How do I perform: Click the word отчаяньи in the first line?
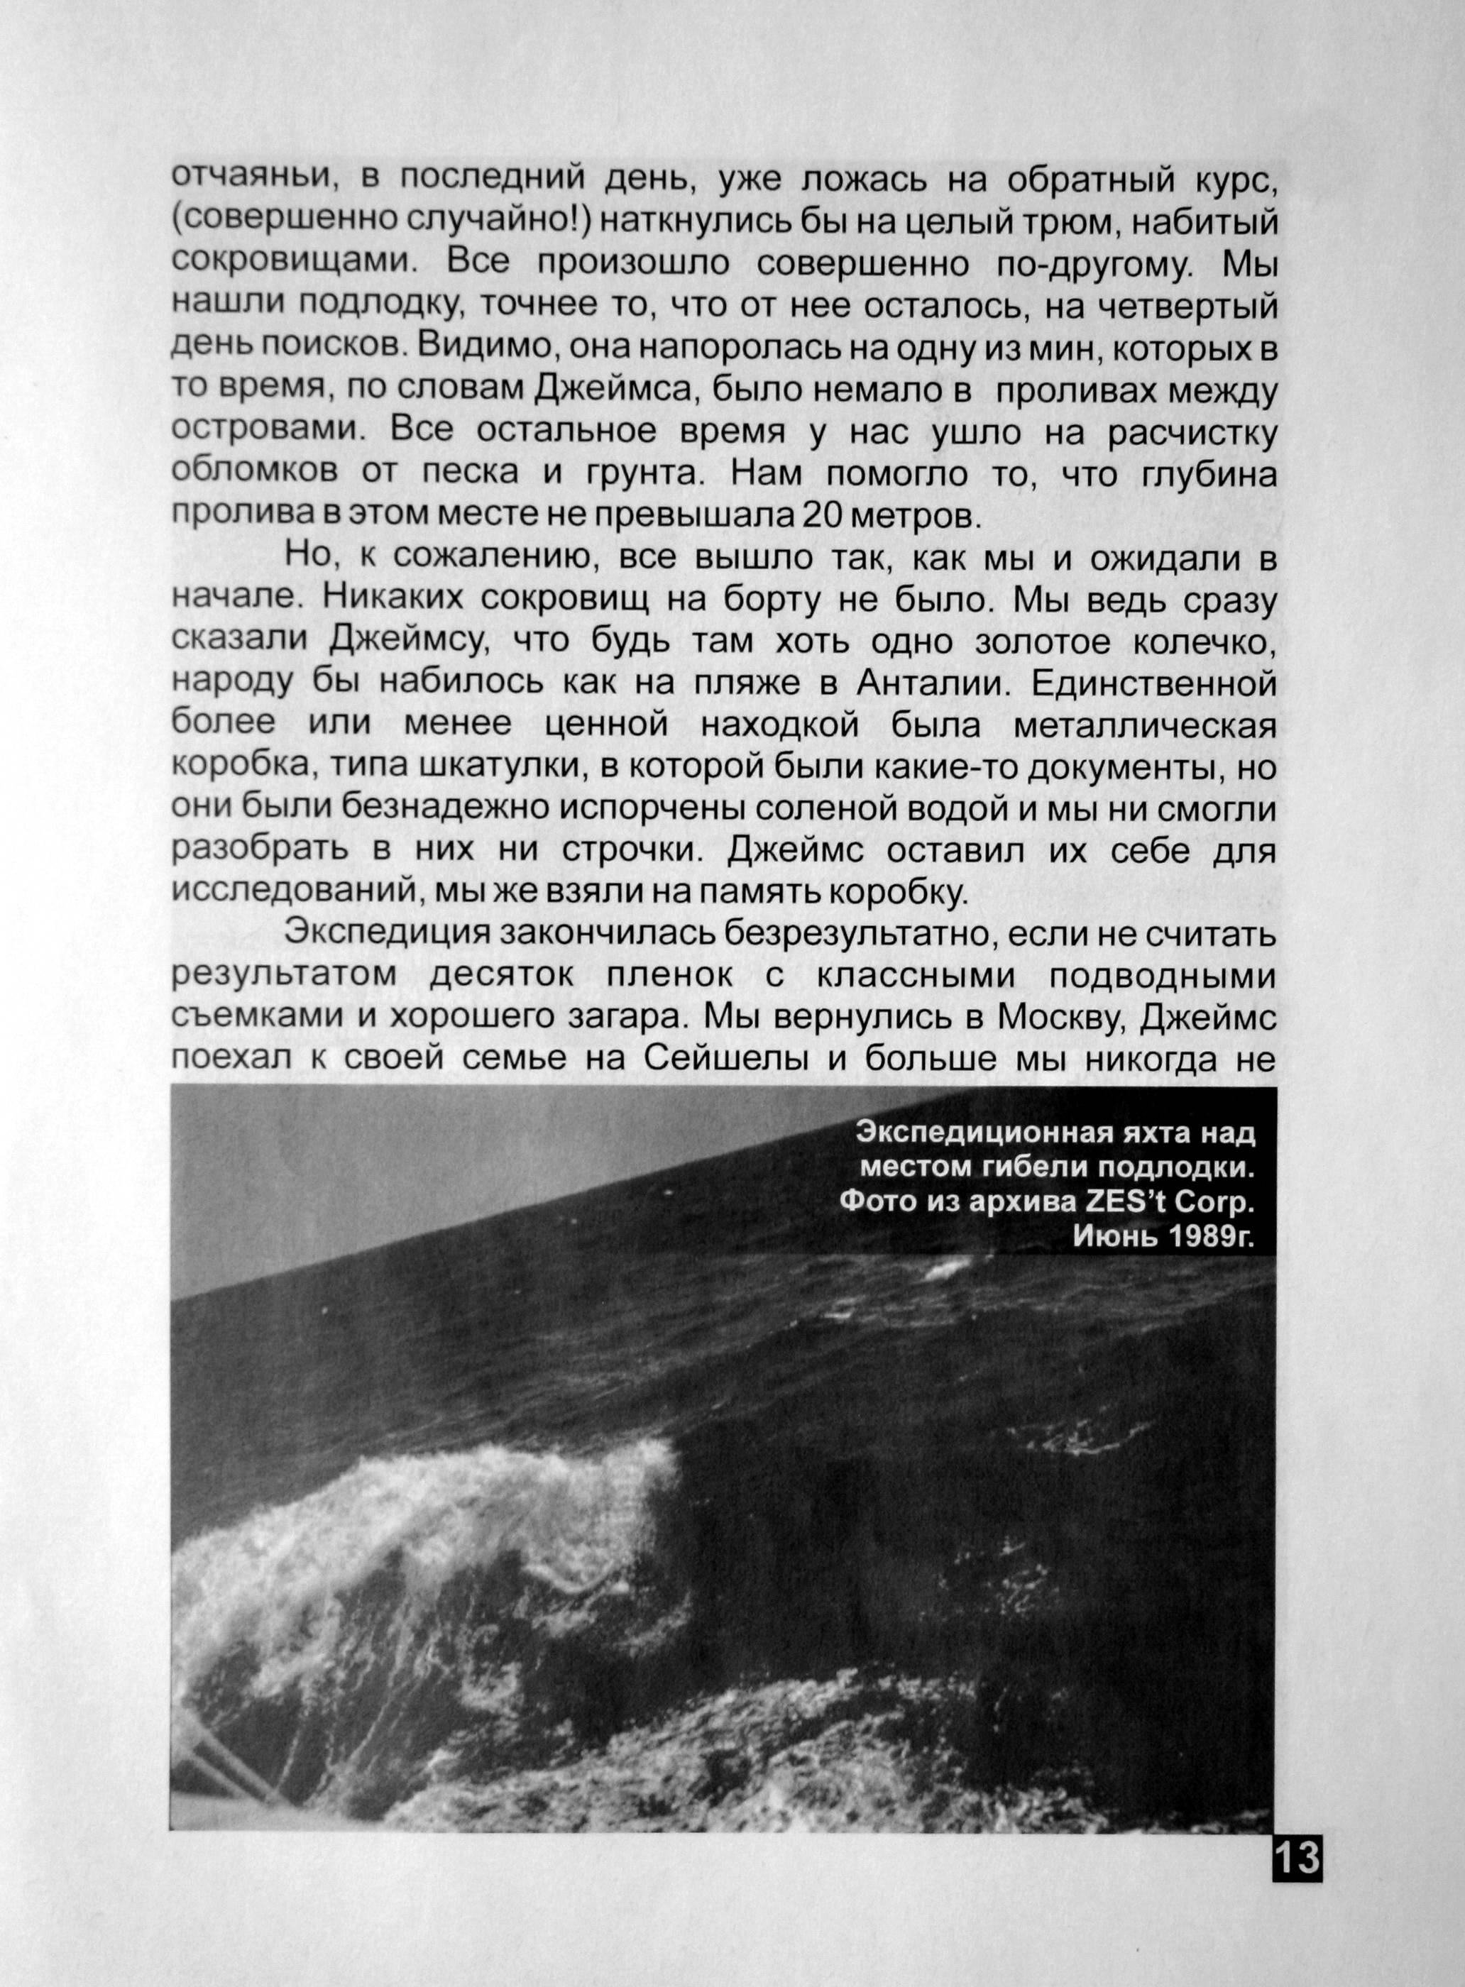pos(256,177)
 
